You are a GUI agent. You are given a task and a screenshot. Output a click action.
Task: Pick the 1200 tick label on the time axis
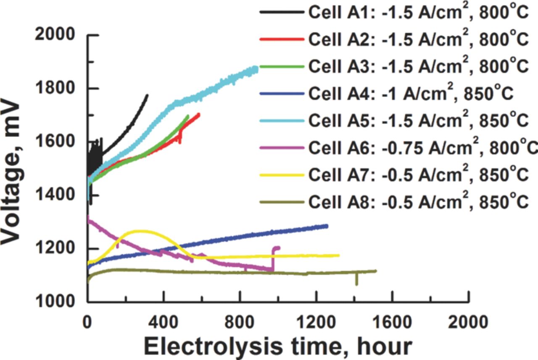(x=316, y=323)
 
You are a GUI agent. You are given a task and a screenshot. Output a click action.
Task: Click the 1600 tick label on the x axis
(x=392, y=323)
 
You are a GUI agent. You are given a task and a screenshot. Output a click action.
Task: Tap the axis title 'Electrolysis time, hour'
(x=277, y=346)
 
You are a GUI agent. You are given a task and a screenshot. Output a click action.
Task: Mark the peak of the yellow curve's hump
(x=139, y=231)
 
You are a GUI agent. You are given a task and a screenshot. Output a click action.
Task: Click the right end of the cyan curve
(x=256, y=69)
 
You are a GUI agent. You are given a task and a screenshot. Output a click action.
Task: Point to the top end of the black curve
(x=148, y=95)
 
